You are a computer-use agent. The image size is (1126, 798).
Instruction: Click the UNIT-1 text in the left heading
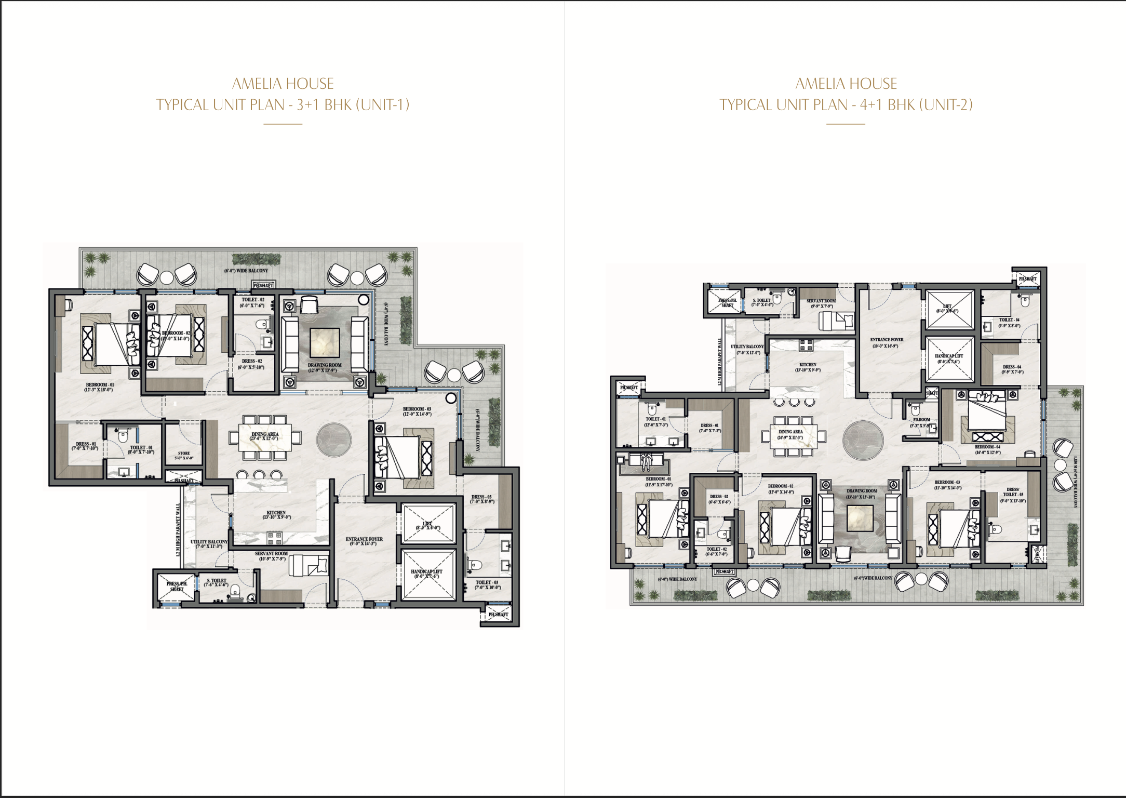pyautogui.click(x=383, y=105)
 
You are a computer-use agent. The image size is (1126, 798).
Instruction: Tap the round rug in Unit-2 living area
pyautogui.click(x=863, y=440)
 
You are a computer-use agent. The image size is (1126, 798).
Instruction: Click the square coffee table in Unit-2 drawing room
pyautogui.click(x=861, y=518)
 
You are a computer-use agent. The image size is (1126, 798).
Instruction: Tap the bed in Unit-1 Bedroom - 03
pyautogui.click(x=403, y=457)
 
